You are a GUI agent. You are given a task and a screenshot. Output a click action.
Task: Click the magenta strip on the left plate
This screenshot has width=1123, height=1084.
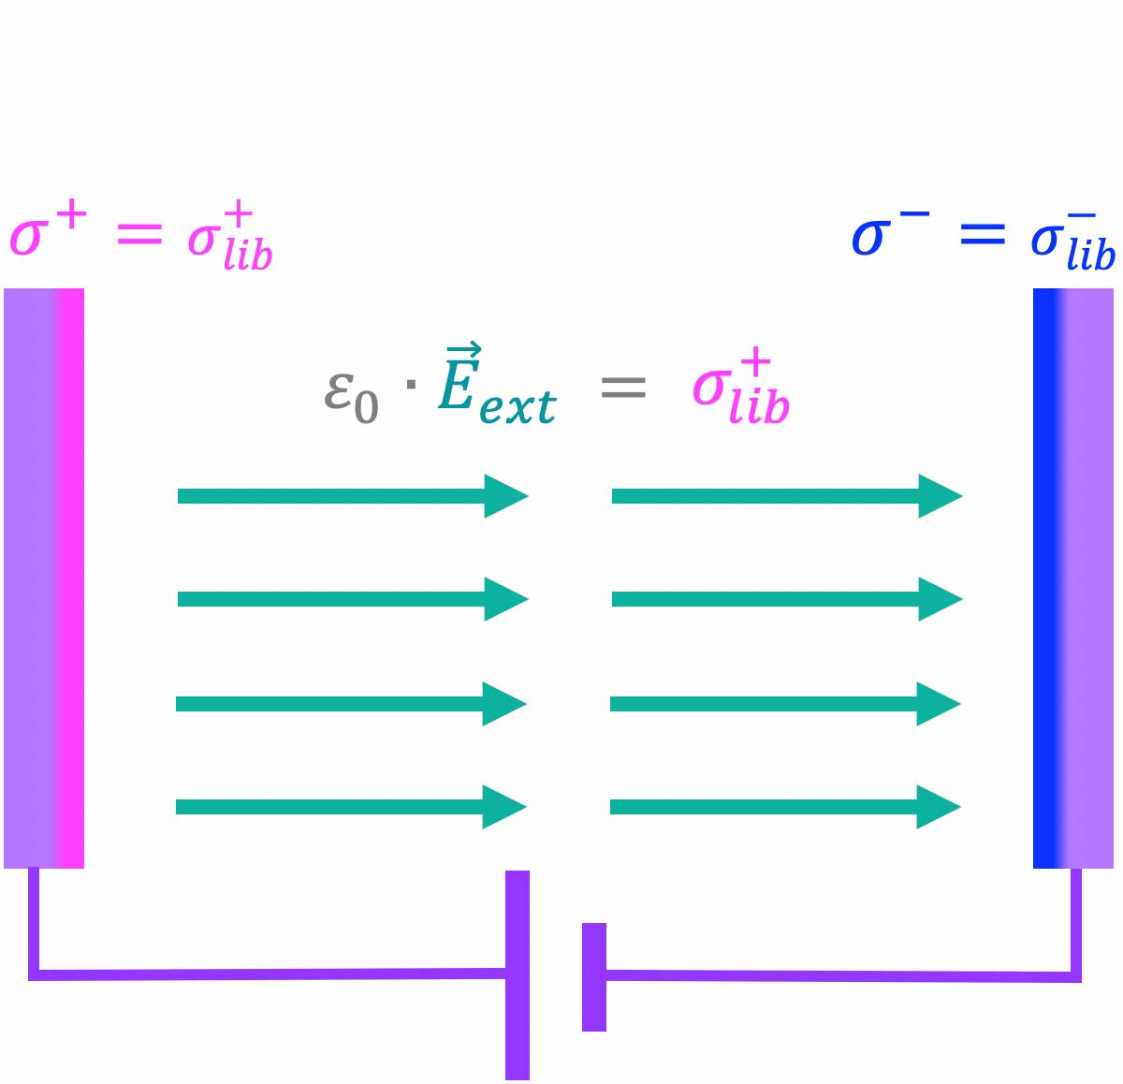click(70, 578)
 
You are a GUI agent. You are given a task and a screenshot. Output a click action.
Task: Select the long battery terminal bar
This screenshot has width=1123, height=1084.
click(518, 974)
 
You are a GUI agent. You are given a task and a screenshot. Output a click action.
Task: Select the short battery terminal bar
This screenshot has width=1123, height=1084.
click(594, 976)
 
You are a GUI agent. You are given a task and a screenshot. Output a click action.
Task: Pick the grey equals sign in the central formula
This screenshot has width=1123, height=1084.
click(623, 387)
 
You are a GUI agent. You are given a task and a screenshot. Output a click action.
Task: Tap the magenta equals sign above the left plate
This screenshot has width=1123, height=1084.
click(139, 236)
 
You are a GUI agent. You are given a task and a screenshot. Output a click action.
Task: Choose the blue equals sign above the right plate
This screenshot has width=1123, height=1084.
click(982, 235)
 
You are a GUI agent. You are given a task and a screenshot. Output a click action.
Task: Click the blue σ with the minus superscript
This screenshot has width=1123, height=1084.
click(870, 237)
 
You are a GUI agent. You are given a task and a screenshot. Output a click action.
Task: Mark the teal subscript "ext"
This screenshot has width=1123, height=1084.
click(518, 406)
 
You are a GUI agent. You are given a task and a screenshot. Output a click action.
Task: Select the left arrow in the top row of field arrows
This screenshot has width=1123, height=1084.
click(352, 496)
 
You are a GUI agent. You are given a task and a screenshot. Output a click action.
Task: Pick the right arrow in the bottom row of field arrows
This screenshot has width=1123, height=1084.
click(784, 807)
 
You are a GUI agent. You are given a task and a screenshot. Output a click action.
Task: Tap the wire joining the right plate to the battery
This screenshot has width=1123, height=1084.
click(842, 975)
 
